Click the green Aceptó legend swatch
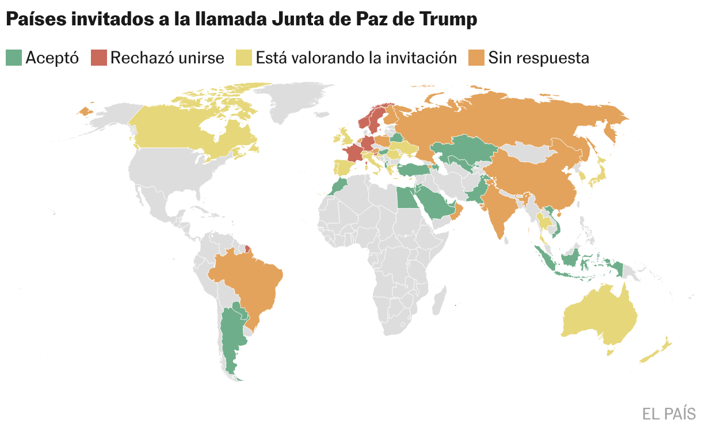click(14, 58)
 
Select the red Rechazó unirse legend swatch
click(99, 58)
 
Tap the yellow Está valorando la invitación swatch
click(245, 58)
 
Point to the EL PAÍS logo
click(669, 414)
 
